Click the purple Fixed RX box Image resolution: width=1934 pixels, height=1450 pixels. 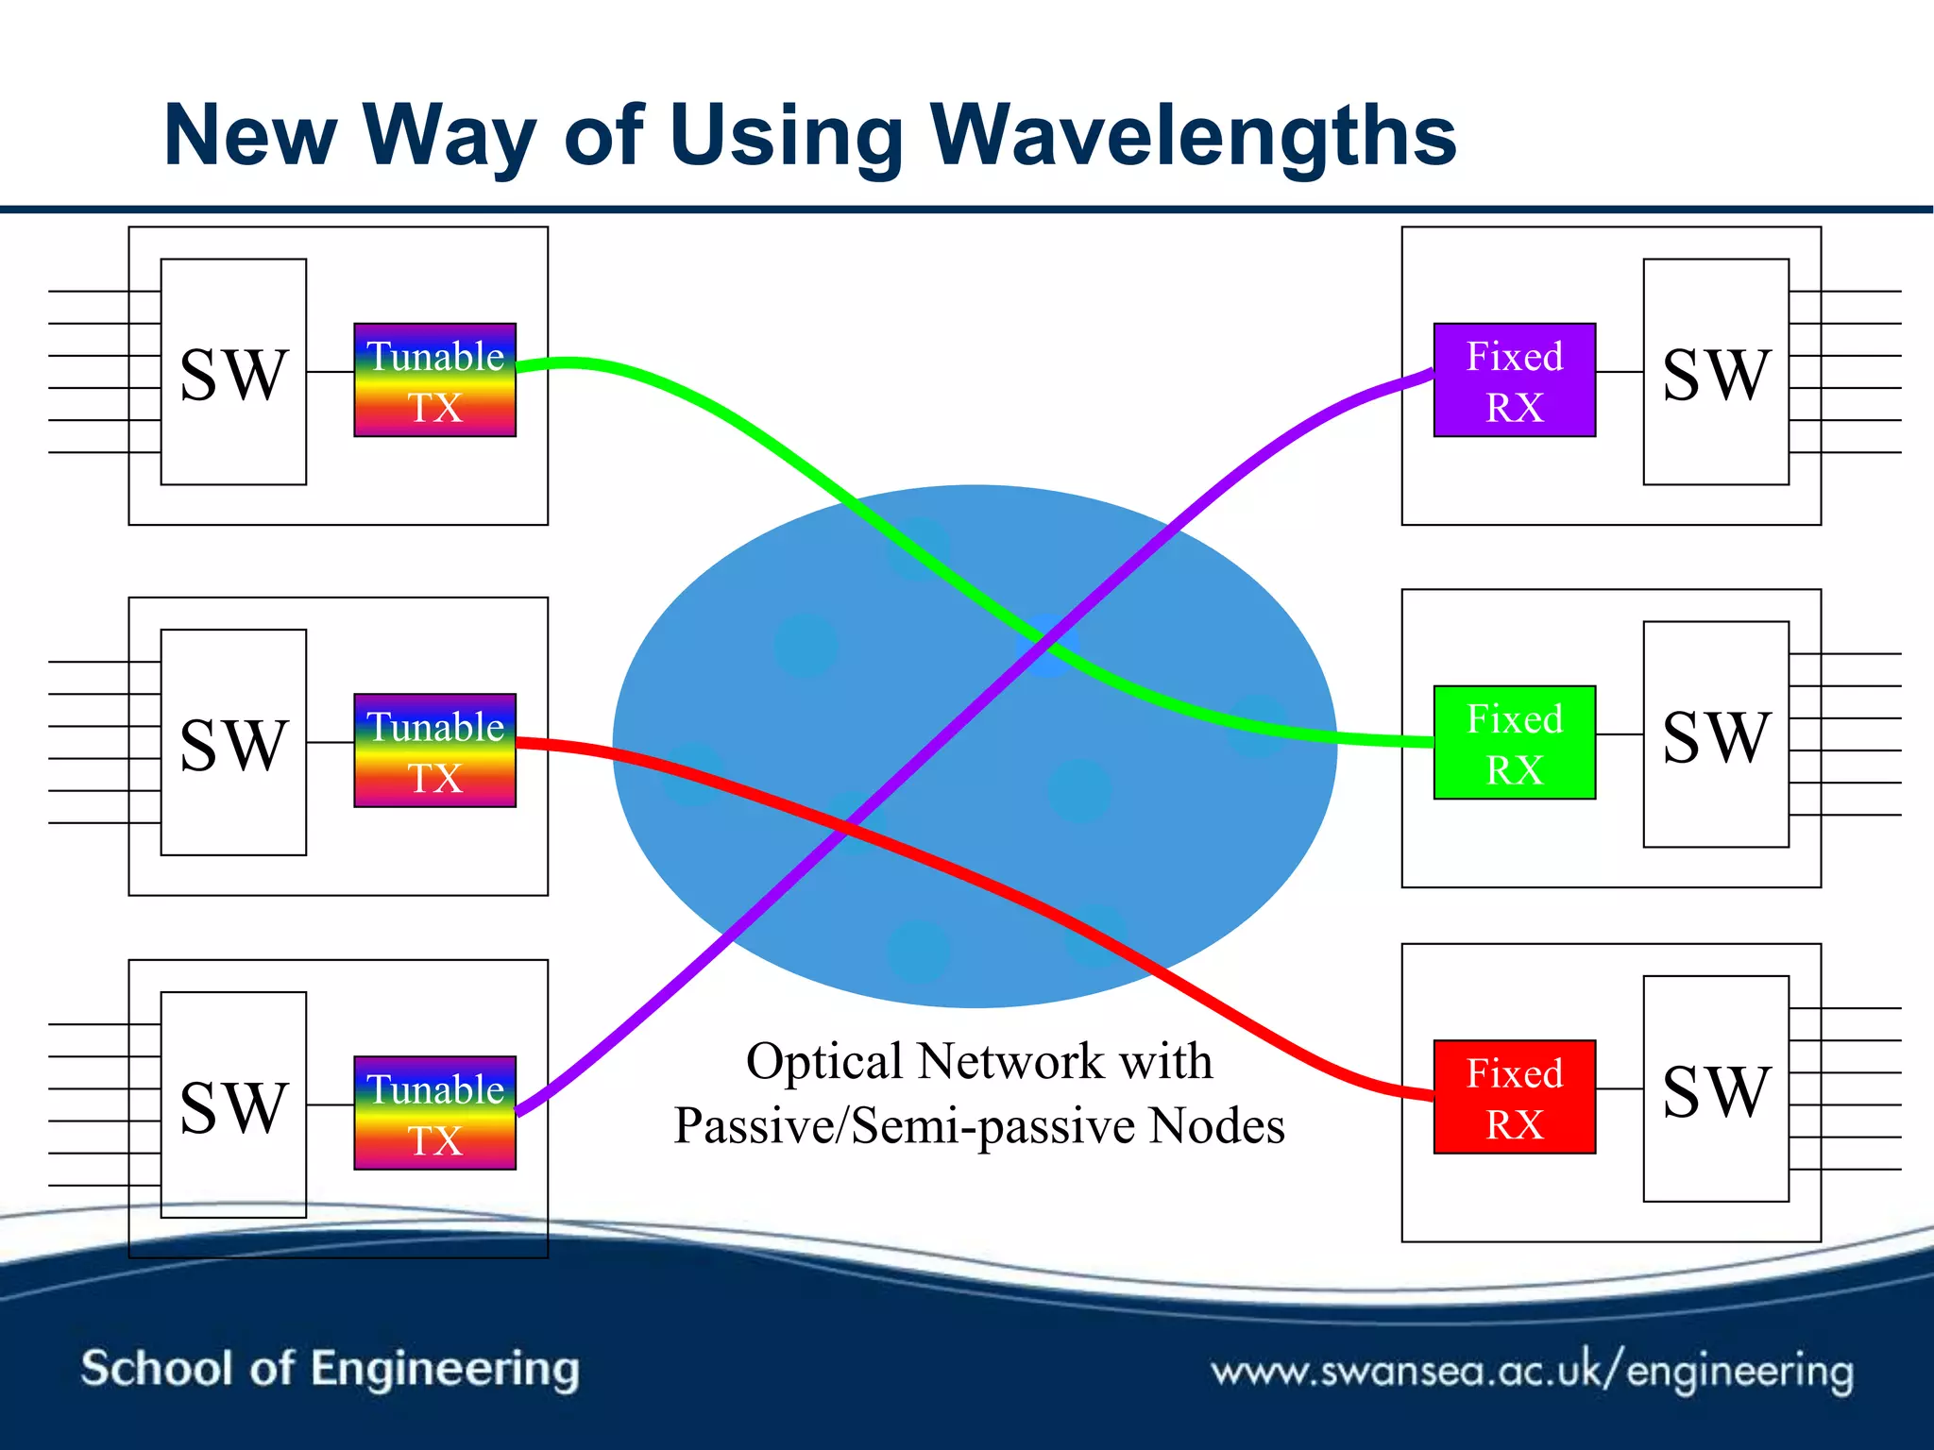click(x=1514, y=379)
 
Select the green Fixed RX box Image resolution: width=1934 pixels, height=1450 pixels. click(x=1514, y=742)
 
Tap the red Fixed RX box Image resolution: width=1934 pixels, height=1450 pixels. click(x=1514, y=1096)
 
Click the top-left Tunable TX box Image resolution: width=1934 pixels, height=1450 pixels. click(x=434, y=379)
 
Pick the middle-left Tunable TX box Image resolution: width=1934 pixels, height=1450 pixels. click(x=434, y=750)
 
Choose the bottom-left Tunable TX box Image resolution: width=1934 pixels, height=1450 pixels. click(x=434, y=1112)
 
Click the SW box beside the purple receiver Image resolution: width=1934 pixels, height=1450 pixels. click(x=1715, y=372)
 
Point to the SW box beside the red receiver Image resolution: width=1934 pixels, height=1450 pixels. click(x=1715, y=1088)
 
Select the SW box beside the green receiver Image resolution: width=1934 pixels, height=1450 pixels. click(x=1715, y=734)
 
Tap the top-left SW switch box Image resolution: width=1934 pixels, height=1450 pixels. click(x=233, y=372)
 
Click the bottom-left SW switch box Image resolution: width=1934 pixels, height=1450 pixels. click(x=233, y=1104)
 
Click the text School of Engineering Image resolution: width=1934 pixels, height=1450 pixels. click(x=330, y=1368)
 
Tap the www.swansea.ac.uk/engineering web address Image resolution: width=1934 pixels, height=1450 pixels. click(x=1532, y=1370)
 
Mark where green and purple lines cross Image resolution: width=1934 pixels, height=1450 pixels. click(x=1045, y=639)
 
